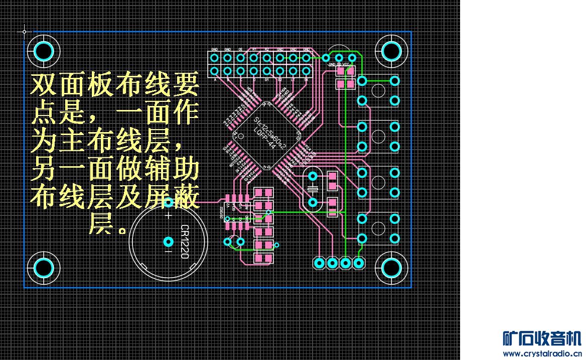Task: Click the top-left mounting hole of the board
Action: (44, 50)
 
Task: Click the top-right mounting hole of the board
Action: (391, 50)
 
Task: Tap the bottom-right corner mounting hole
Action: (391, 268)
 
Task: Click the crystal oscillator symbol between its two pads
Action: (313, 189)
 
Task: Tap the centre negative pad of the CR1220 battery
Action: (169, 242)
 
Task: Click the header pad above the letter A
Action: (215, 71)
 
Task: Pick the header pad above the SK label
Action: (306, 71)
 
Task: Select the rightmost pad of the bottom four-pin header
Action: (358, 263)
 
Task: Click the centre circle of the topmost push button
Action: (378, 91)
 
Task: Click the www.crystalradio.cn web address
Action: (541, 353)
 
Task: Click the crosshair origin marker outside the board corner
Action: (24, 32)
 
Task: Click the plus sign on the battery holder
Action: (169, 215)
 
